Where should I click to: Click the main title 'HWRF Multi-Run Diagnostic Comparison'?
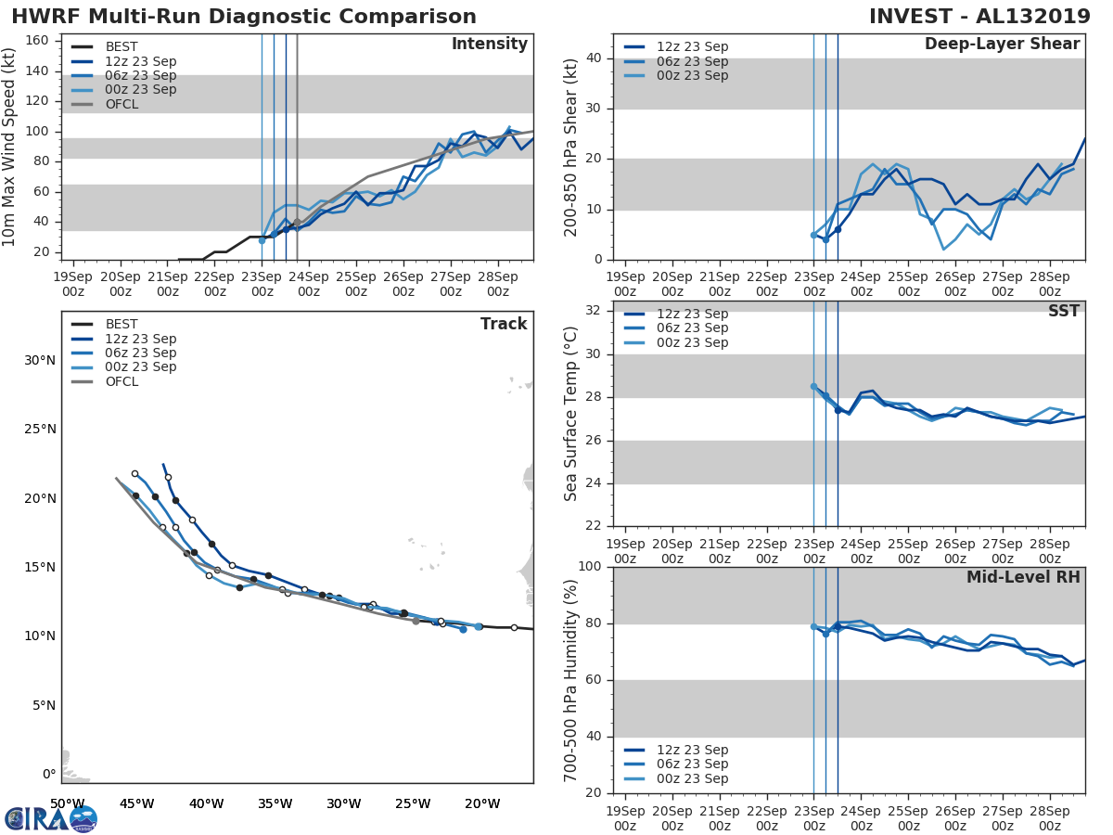244,17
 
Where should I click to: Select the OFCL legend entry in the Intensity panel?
122,104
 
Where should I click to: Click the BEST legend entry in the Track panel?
122,324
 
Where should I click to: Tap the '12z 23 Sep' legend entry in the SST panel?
692,314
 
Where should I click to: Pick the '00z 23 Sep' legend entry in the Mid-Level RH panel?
692,778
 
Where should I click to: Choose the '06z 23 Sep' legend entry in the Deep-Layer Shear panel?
692,61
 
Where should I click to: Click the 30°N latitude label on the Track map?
41,360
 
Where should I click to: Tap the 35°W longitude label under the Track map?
275,803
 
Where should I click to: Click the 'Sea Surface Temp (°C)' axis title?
571,414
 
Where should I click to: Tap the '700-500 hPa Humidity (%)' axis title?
571,680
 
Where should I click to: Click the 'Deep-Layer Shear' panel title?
1002,45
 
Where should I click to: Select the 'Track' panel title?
503,324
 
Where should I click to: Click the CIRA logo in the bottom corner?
51,818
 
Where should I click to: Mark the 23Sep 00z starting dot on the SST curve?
813,387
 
